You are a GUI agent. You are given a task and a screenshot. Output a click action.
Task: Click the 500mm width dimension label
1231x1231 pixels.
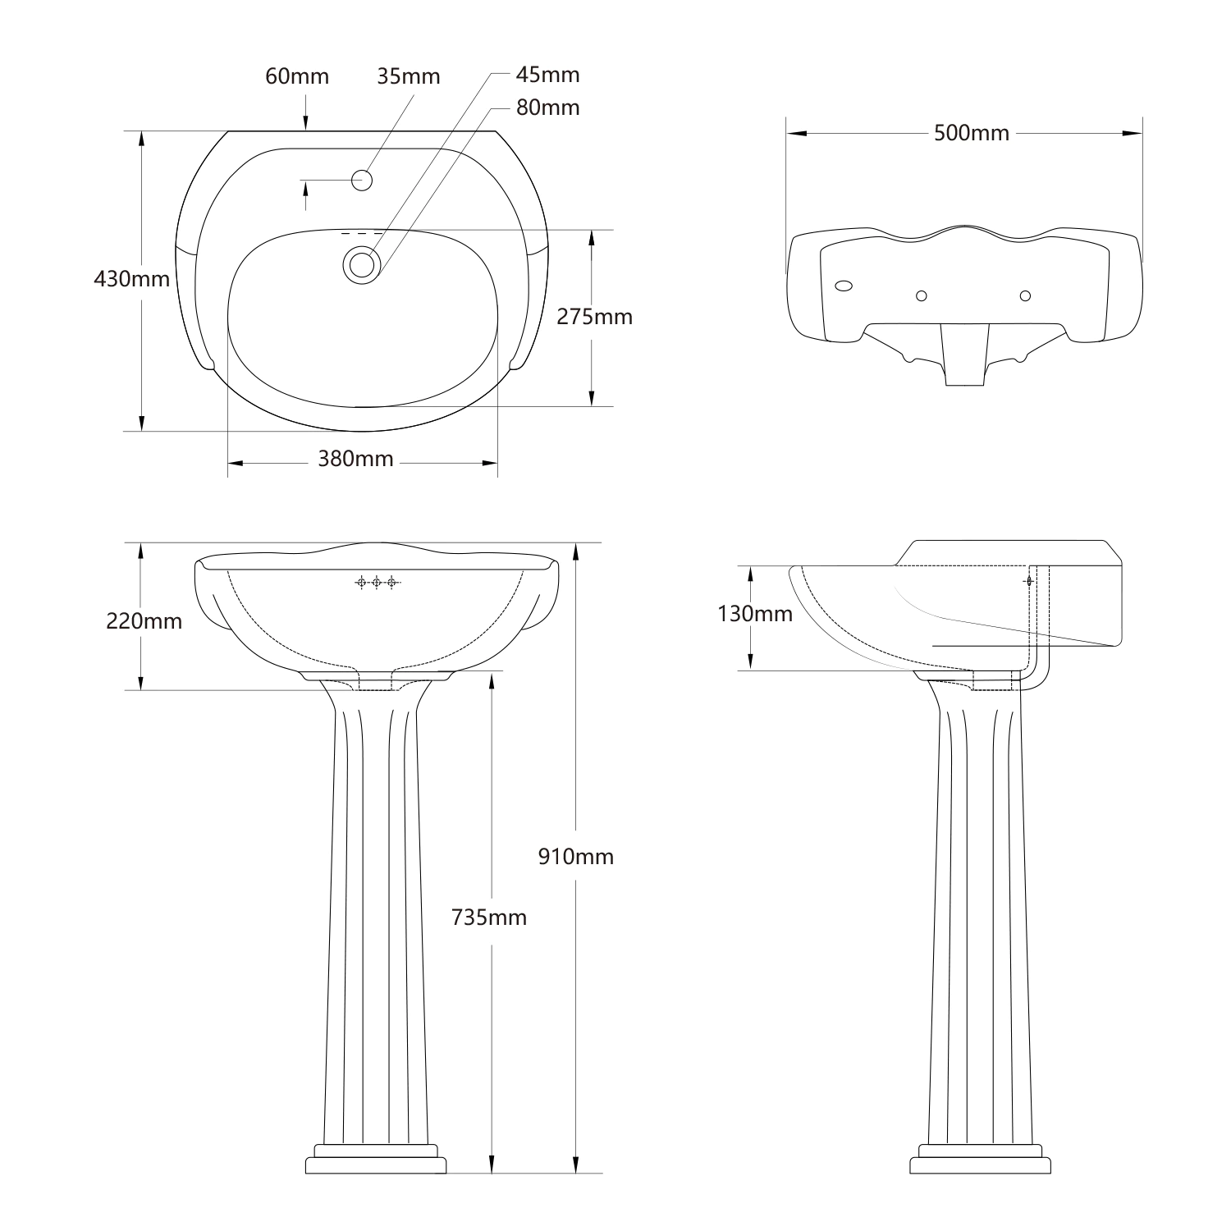coord(972,133)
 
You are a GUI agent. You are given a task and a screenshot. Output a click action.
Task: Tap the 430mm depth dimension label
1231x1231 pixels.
coord(131,279)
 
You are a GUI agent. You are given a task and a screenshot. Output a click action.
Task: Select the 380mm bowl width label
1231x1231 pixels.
coord(355,459)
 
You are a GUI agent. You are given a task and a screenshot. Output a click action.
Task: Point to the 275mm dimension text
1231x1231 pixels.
coord(594,317)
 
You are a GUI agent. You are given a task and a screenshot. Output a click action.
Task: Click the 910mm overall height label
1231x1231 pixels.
coord(575,857)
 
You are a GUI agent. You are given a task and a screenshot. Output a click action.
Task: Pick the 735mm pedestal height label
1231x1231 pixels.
coord(489,918)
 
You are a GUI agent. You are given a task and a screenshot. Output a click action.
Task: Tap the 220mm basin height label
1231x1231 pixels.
coord(144,621)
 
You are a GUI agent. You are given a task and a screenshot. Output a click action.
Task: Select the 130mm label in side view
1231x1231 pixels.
coord(754,614)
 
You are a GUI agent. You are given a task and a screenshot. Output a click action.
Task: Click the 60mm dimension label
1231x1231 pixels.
coord(296,76)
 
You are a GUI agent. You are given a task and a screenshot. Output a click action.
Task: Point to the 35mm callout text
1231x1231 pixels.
coord(408,76)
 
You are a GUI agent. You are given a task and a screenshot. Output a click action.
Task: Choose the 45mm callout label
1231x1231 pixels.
coord(547,75)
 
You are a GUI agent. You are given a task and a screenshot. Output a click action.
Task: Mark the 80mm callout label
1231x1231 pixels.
coord(547,108)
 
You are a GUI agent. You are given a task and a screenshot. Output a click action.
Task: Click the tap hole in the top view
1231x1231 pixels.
coord(362,179)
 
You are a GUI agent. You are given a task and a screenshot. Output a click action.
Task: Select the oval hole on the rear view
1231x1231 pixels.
coord(843,286)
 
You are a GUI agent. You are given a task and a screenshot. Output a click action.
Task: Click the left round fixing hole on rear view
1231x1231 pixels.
coord(921,295)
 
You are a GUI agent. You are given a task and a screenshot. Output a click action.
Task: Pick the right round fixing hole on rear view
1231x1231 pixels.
coord(1024,295)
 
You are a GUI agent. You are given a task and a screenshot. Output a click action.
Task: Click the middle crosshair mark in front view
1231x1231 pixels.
coord(377,583)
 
